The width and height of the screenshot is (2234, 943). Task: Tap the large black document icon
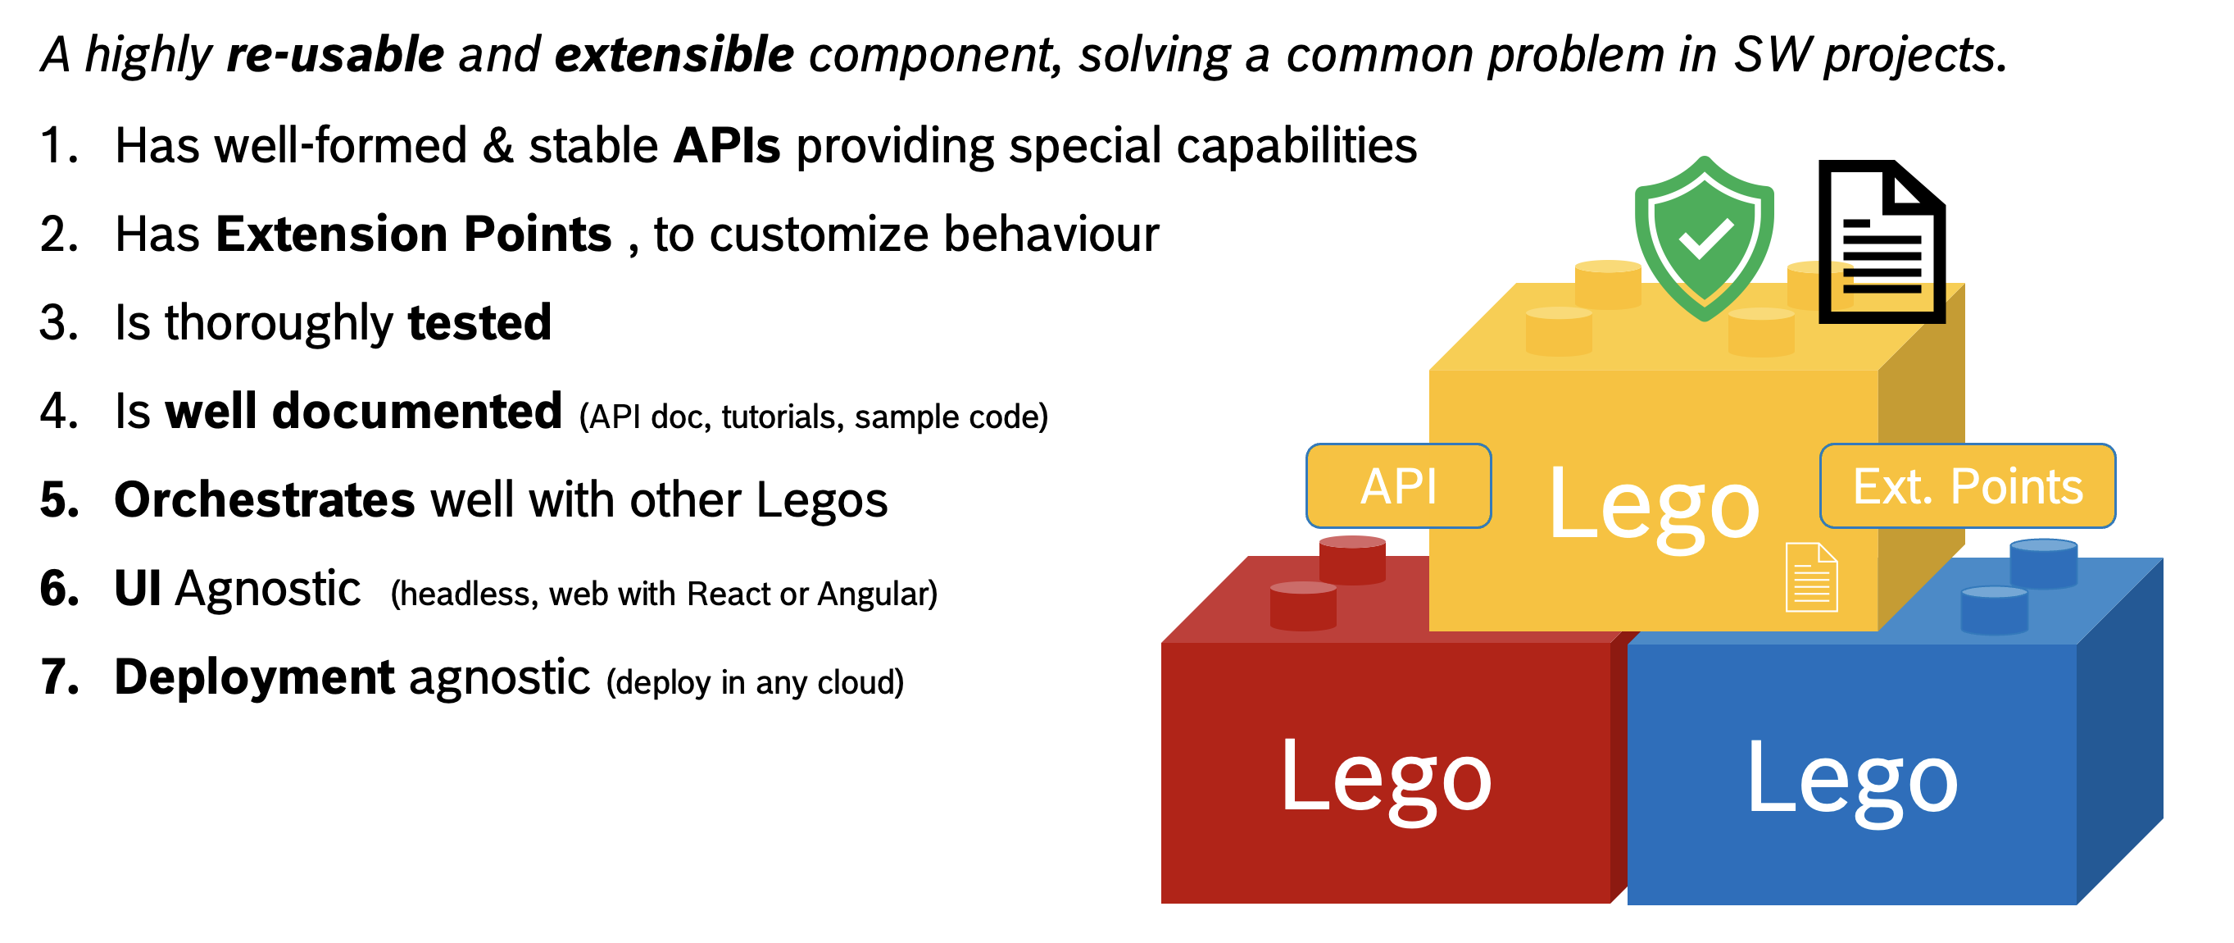(x=1881, y=242)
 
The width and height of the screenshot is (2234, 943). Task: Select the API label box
(x=1398, y=485)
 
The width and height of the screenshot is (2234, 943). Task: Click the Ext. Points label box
(x=1967, y=485)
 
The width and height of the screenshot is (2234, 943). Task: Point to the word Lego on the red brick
(x=1385, y=777)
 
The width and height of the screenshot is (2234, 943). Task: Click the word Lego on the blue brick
(x=1851, y=778)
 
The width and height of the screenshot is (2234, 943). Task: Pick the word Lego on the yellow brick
(x=1654, y=505)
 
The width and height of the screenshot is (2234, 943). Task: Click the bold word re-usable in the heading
(x=336, y=56)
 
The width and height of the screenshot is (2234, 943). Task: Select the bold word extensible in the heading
(x=674, y=56)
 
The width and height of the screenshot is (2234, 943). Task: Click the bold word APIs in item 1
(x=727, y=146)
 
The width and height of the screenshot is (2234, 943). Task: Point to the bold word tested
(x=479, y=323)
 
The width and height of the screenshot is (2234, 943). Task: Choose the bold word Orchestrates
(x=265, y=500)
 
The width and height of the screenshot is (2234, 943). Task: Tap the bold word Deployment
(x=254, y=677)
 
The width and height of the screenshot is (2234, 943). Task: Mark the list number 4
(x=58, y=411)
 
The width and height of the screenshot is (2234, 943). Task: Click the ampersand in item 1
(x=497, y=146)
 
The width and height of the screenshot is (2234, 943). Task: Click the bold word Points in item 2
(x=538, y=235)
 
